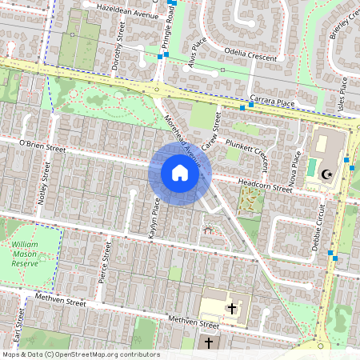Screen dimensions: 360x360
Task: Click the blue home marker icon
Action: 180,173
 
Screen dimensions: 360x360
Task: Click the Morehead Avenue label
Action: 181,136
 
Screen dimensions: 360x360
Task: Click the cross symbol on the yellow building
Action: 232,307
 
